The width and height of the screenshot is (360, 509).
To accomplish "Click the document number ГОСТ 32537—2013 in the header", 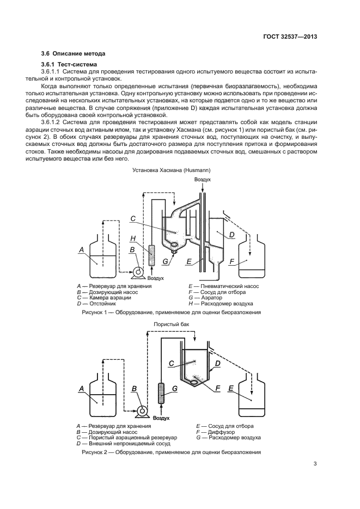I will [x=291, y=36].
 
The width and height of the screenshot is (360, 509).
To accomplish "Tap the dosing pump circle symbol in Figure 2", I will [x=143, y=410].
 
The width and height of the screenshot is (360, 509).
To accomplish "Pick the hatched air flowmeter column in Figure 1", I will [x=152, y=256].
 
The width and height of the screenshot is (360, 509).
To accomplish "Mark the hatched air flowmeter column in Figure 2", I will [x=161, y=394].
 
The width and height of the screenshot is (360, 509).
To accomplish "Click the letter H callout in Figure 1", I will [x=133, y=238].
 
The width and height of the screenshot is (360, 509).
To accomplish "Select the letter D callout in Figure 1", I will [x=231, y=235].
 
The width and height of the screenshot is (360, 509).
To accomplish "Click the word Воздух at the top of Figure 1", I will [x=202, y=179].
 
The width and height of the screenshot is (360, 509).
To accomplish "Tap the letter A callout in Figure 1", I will [x=81, y=250].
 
